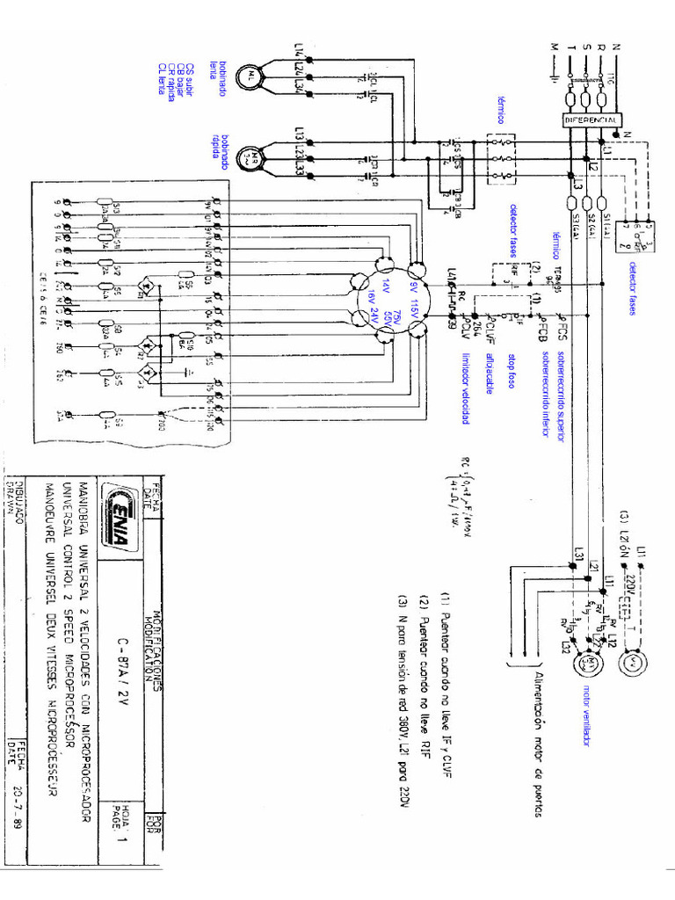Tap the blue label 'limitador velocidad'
coord(466,388)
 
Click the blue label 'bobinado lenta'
coord(218,69)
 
